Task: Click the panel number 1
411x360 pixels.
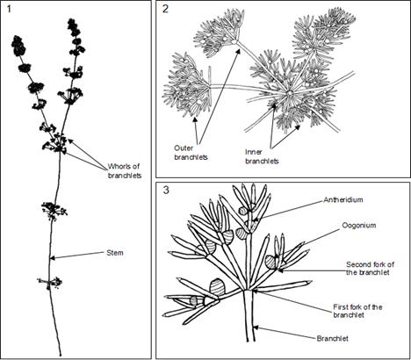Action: [x=9, y=9]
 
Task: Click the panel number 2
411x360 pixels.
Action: [x=165, y=9]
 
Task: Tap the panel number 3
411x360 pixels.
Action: [x=166, y=191]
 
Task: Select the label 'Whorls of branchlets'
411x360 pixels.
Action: [x=125, y=171]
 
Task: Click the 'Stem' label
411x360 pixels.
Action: [x=115, y=253]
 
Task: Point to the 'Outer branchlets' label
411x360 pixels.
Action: [x=191, y=153]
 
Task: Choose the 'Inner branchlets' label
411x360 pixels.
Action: [x=262, y=156]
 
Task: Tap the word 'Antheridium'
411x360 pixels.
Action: [x=343, y=200]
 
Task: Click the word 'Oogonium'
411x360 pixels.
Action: [x=359, y=226]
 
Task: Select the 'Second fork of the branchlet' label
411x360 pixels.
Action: [x=370, y=269]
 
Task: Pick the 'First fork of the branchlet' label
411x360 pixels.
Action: [x=357, y=311]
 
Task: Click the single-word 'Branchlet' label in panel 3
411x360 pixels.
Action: [x=333, y=339]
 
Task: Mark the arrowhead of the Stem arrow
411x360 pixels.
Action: [x=53, y=258]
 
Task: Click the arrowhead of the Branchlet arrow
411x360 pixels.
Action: [x=256, y=328]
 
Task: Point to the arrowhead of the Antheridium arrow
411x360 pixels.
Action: [x=255, y=220]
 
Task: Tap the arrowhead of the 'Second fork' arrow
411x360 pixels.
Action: [x=280, y=270]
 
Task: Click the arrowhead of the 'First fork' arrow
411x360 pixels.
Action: [x=255, y=291]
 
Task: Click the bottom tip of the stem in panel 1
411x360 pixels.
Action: [x=61, y=356]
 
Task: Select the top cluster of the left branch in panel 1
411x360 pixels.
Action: [x=18, y=46]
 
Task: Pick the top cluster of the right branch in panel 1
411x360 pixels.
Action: [x=72, y=26]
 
